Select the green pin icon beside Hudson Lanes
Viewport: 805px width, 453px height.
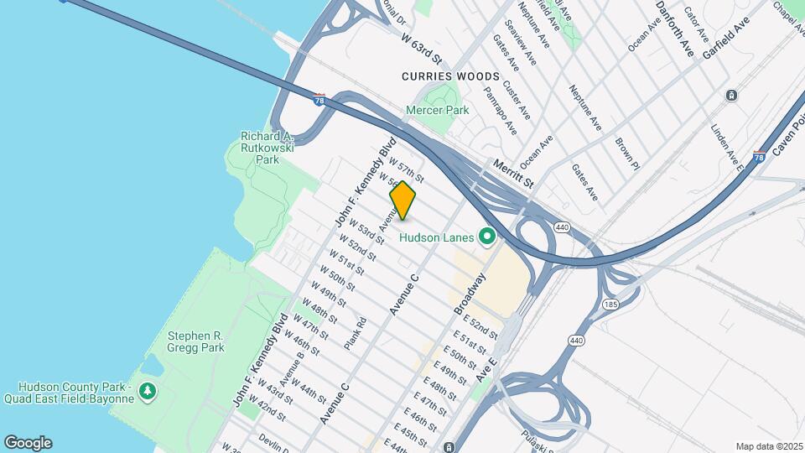coord(486,237)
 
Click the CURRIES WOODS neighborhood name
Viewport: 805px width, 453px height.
coord(450,76)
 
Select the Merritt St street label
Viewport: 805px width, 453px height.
coord(513,174)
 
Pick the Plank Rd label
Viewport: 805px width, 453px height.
coord(356,332)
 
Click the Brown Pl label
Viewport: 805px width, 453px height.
coord(627,154)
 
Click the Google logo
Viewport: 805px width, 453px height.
coord(28,443)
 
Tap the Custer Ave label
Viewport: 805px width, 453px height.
coord(517,99)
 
